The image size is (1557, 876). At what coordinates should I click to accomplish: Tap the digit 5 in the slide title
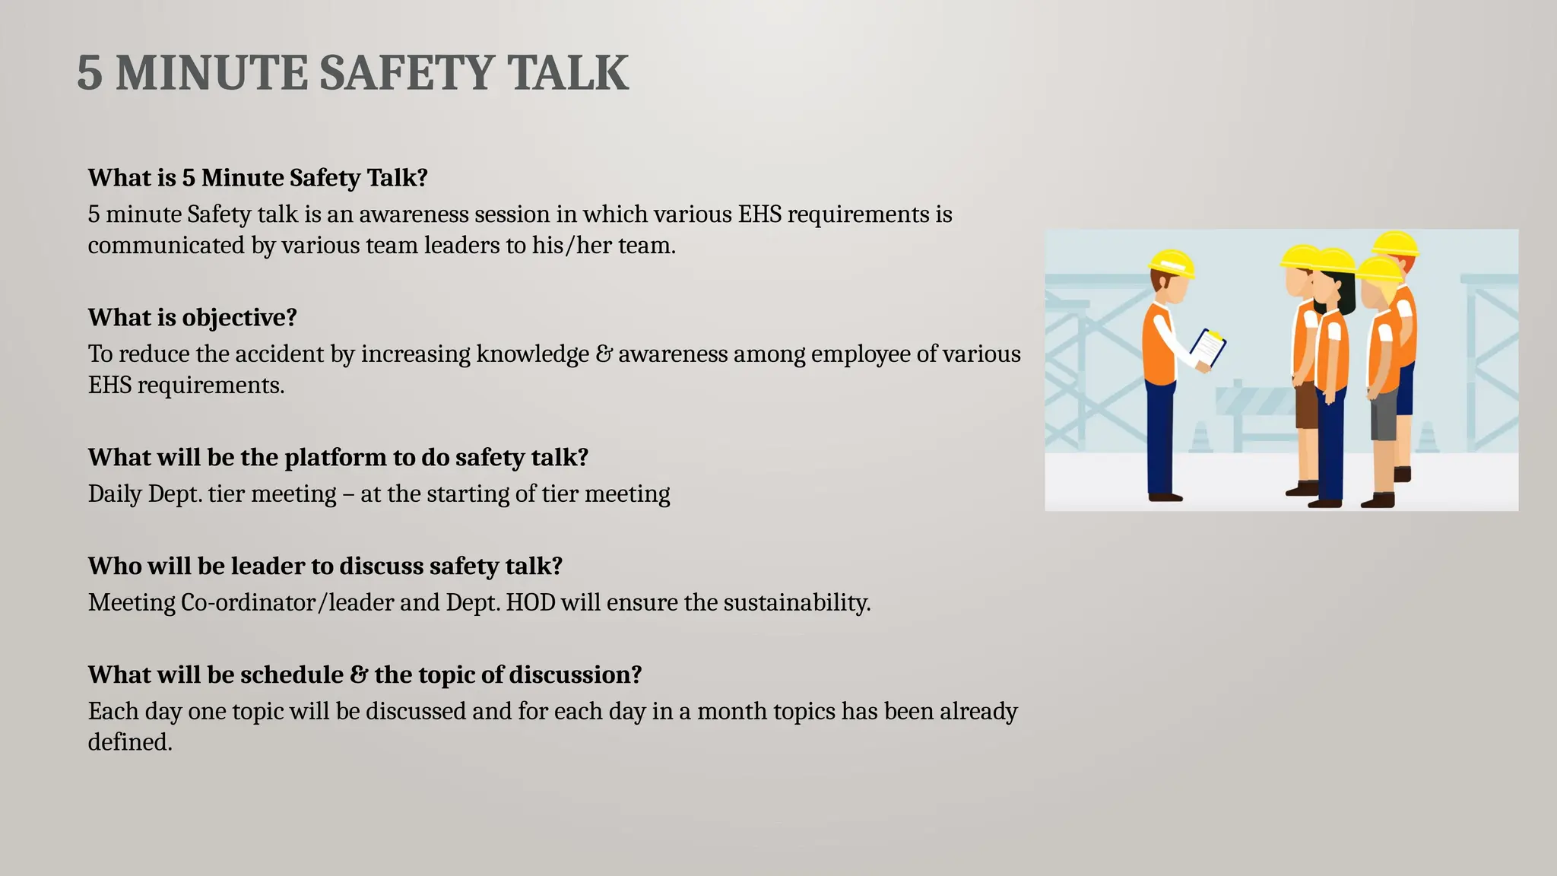click(89, 73)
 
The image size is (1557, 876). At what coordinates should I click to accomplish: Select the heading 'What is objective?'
click(192, 317)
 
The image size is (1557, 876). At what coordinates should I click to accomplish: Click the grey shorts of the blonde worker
click(1383, 415)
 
